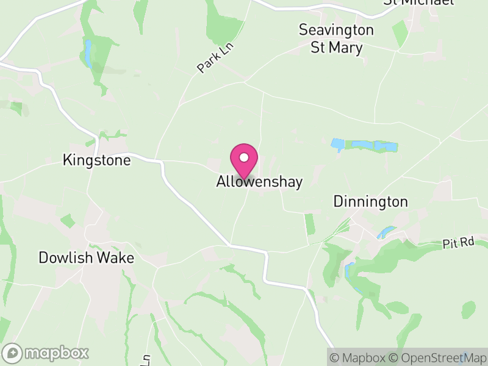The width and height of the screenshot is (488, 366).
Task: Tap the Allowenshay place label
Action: click(x=259, y=182)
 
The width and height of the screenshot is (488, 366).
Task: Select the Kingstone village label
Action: click(x=97, y=160)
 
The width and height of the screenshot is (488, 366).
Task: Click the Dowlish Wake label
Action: click(x=86, y=257)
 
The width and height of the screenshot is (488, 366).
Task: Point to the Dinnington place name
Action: click(x=370, y=202)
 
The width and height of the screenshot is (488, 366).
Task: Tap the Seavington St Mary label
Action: click(x=336, y=38)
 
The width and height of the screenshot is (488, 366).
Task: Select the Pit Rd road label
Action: click(x=459, y=243)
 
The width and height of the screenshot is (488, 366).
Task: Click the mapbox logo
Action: click(x=46, y=353)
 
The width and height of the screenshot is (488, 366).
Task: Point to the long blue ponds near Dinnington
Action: click(x=365, y=146)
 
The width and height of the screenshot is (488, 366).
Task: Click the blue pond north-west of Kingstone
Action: click(x=89, y=54)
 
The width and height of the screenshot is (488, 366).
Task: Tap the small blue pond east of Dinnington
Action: click(x=386, y=232)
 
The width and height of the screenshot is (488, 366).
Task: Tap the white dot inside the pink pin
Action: click(x=244, y=157)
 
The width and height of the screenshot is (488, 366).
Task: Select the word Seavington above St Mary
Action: click(x=336, y=29)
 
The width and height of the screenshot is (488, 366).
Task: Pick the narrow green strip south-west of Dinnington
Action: click(x=310, y=224)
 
